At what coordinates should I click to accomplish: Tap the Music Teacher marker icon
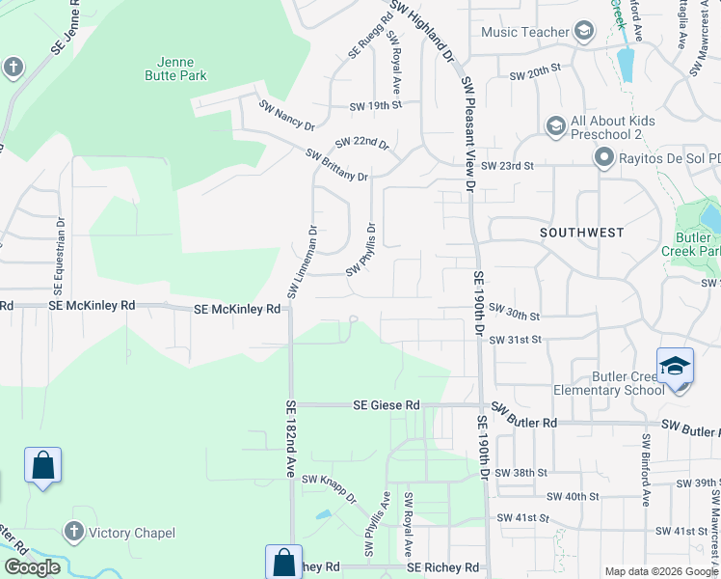click(583, 33)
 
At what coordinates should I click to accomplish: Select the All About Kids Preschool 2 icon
click(555, 127)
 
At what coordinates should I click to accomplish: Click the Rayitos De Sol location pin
click(604, 157)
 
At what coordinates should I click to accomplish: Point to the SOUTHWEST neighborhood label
click(581, 233)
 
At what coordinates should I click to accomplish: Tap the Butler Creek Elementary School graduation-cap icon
click(675, 368)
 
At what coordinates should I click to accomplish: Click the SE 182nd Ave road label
click(290, 439)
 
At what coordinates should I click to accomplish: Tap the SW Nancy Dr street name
click(286, 114)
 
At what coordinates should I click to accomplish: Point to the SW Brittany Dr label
click(336, 165)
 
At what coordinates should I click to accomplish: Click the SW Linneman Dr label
click(302, 262)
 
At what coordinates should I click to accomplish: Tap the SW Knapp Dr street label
click(329, 488)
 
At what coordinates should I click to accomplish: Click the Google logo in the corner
click(31, 567)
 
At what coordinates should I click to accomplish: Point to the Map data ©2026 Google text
click(660, 571)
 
